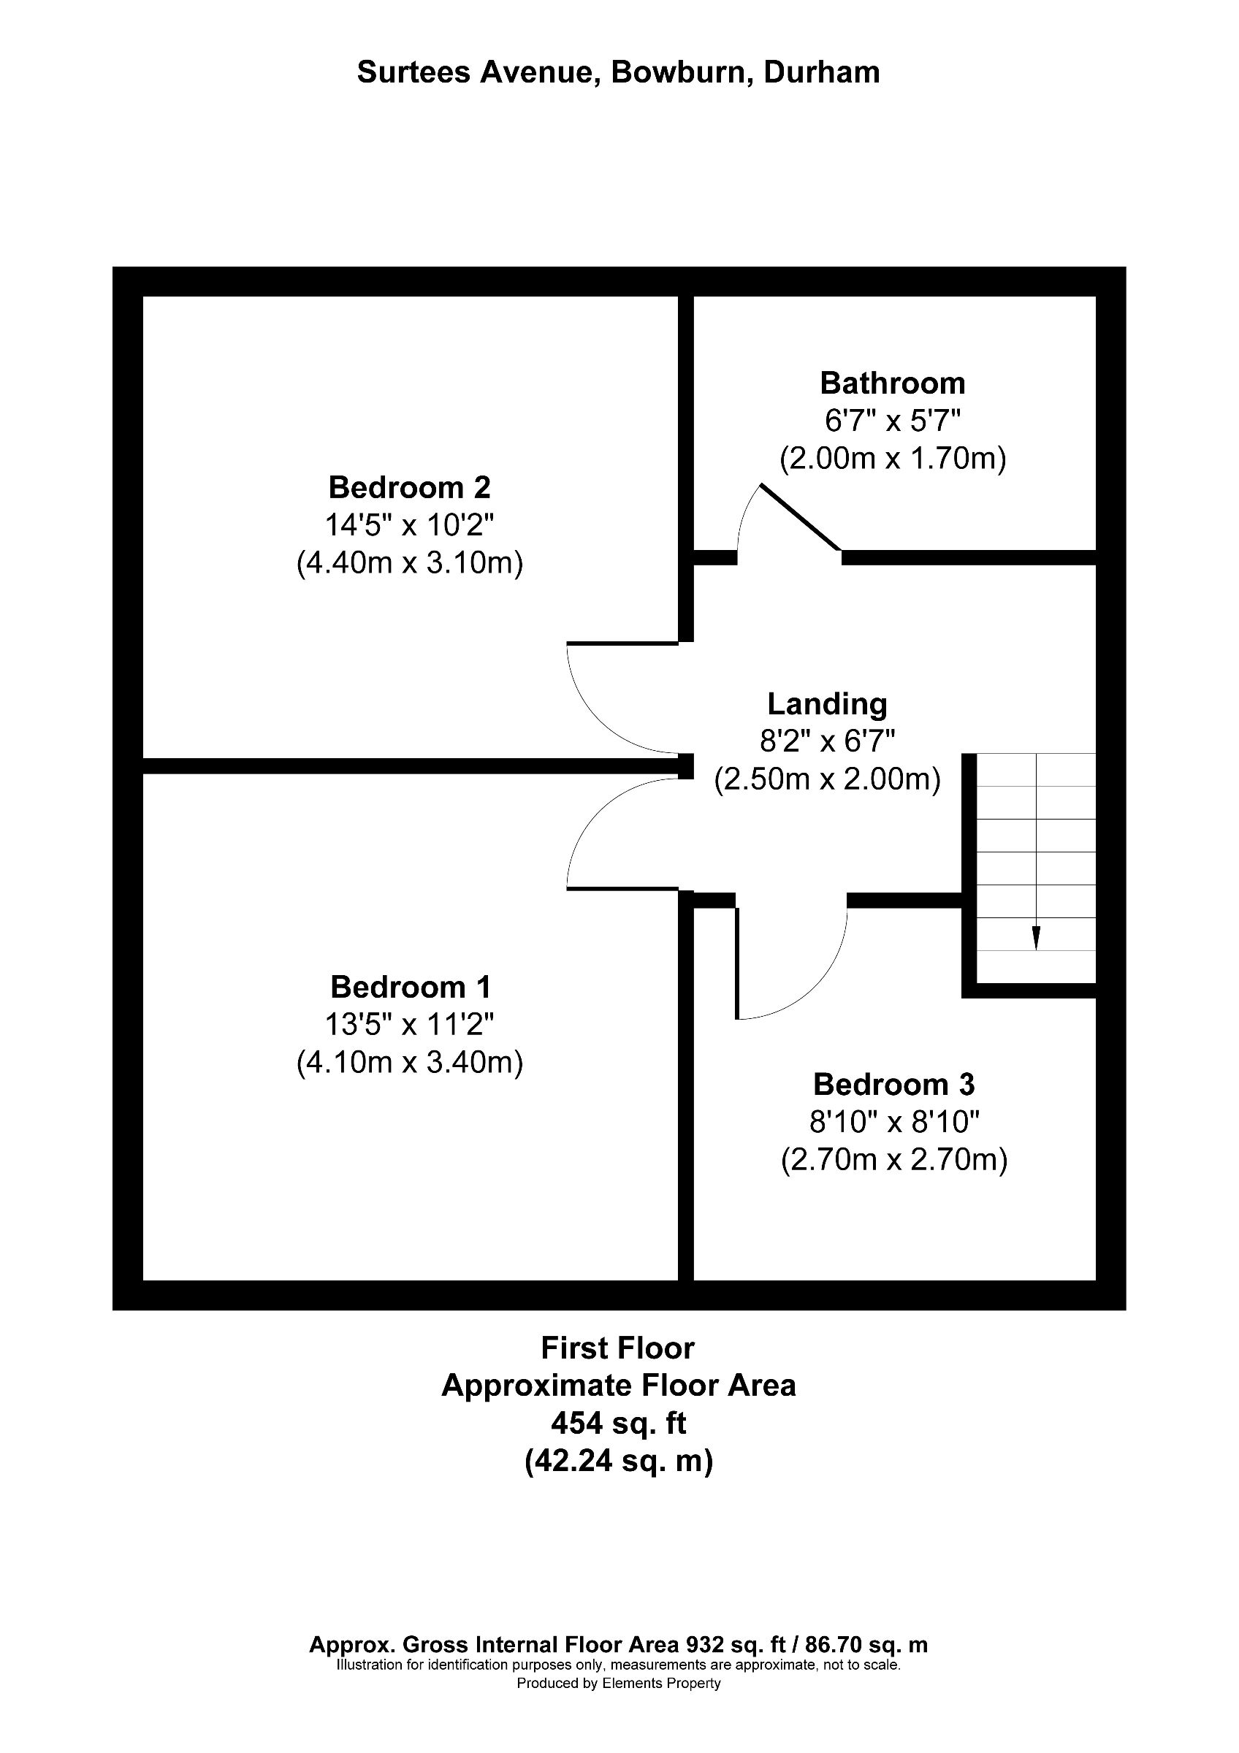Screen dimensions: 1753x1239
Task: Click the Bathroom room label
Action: [892, 383]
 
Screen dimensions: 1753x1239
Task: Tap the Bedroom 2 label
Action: [409, 487]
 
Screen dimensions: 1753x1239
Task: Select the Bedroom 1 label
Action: [410, 988]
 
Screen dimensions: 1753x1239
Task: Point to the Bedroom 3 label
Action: [893, 1084]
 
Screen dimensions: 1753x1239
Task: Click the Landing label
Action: [827, 704]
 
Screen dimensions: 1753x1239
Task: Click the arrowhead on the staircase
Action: [1036, 939]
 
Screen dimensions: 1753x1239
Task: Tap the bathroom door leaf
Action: [800, 516]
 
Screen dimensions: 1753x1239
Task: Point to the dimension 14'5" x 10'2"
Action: [409, 525]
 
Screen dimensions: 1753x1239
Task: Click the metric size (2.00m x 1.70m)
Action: [892, 459]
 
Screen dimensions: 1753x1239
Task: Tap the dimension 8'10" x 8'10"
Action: [893, 1123]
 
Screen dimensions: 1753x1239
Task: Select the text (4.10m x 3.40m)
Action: [410, 1063]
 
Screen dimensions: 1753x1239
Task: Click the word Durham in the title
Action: [821, 72]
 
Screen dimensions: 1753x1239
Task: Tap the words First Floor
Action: [617, 1348]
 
